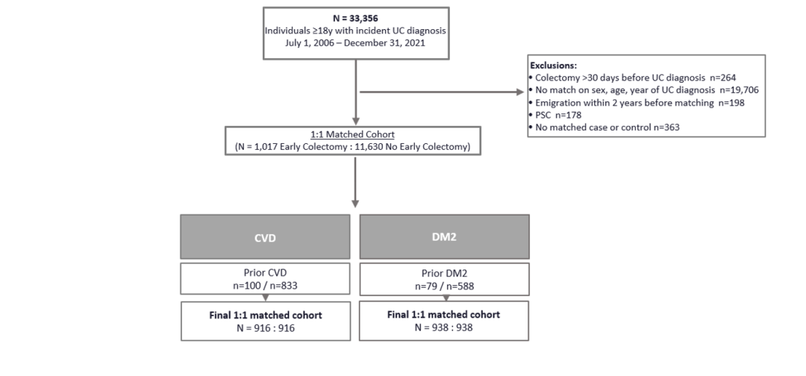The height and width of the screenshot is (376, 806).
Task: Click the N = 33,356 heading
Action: [x=355, y=19]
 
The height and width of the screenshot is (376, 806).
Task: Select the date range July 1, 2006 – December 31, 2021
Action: [x=355, y=43]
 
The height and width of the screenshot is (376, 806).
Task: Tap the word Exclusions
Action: [x=553, y=66]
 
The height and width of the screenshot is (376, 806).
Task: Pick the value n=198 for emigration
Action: [x=729, y=103]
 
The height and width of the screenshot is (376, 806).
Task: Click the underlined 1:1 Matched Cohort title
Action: [x=352, y=134]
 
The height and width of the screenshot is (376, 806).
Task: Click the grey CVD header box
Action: [x=265, y=236]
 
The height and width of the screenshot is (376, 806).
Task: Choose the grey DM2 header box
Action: [x=444, y=236]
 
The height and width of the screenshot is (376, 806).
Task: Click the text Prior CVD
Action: [x=266, y=273]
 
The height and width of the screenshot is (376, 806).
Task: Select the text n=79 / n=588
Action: [x=445, y=286]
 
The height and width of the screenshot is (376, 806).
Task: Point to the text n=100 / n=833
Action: [x=266, y=286]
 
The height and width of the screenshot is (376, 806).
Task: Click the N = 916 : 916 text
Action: [x=266, y=328]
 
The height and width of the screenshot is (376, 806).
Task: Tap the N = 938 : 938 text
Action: [x=443, y=328]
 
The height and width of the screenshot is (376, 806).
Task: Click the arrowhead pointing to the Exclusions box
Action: [x=519, y=93]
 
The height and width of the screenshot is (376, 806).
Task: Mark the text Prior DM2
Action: [x=445, y=273]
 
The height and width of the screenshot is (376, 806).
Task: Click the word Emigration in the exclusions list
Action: [x=557, y=103]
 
